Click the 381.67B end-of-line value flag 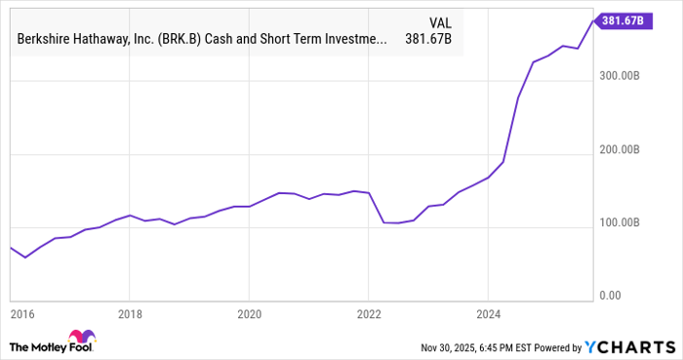(x=618, y=20)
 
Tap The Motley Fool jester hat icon (x=22, y=345)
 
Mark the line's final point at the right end (x=592, y=20)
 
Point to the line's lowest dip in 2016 (x=26, y=258)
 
